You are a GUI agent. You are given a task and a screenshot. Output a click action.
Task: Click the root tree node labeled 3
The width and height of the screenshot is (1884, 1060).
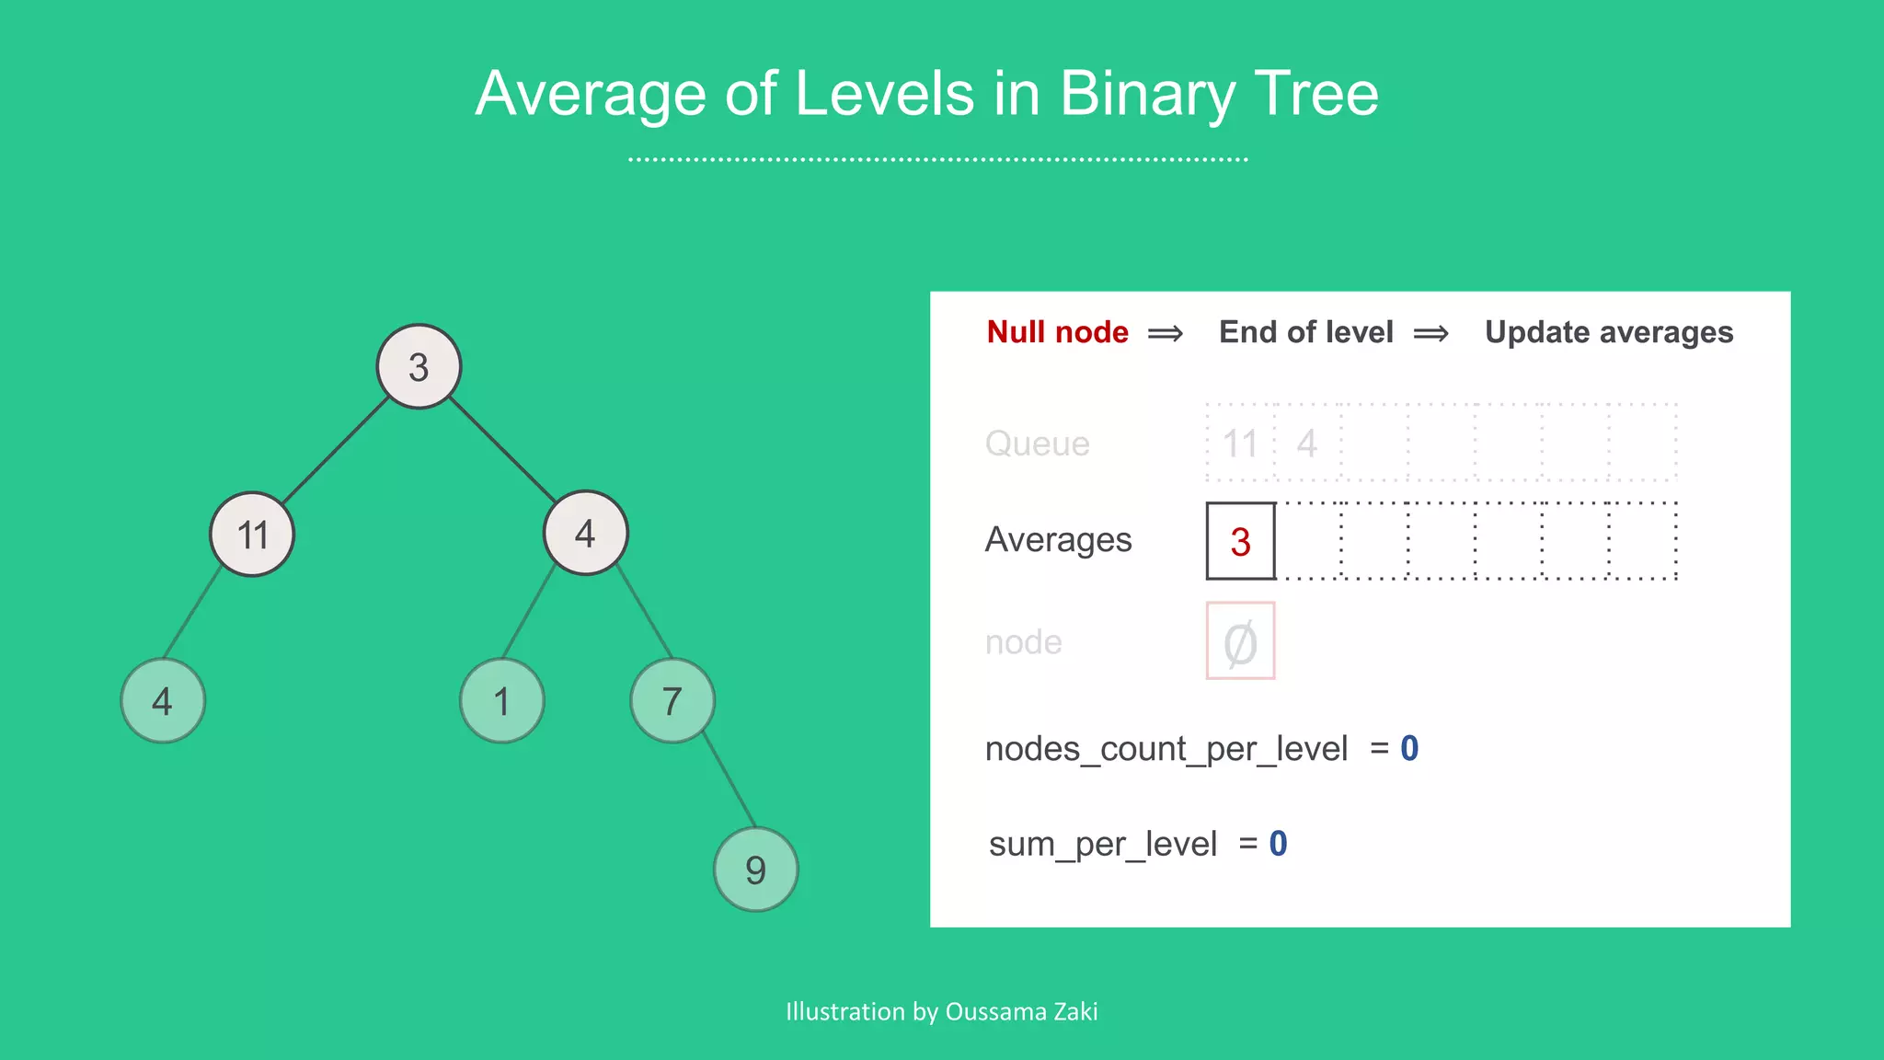(x=419, y=366)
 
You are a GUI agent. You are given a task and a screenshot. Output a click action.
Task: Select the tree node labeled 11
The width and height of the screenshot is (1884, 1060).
(x=252, y=534)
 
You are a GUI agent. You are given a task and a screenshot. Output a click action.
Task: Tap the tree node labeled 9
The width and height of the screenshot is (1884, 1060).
(x=755, y=869)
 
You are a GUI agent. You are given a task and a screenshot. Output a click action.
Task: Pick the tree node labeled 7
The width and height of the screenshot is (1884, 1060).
(x=672, y=701)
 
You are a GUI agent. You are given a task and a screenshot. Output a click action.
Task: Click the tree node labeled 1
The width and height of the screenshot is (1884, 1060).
(x=501, y=701)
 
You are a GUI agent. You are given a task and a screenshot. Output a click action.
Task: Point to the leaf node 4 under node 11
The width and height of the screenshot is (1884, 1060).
(x=163, y=701)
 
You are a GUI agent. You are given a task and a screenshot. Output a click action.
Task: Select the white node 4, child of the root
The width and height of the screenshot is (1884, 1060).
(x=585, y=533)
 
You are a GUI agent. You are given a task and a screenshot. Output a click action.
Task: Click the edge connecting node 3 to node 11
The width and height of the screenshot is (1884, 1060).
(x=336, y=450)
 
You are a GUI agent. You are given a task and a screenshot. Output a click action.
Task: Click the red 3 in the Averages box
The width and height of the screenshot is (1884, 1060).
(x=1240, y=541)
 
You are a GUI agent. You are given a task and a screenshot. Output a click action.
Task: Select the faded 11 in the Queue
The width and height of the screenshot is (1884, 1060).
(x=1239, y=444)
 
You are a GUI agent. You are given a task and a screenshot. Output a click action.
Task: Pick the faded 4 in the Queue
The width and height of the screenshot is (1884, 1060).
(x=1307, y=444)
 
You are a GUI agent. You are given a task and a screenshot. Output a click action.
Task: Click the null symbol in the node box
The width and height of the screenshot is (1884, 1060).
(x=1240, y=642)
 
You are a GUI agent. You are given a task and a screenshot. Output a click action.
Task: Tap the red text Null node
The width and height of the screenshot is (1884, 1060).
(x=1057, y=332)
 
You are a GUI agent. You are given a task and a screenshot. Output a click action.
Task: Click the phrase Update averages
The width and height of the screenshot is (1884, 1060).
(x=1608, y=332)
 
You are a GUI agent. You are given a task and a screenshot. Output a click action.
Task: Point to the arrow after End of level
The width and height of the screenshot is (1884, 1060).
(x=1430, y=333)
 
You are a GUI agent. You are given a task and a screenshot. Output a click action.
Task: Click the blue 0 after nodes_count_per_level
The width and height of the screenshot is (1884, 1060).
(x=1409, y=748)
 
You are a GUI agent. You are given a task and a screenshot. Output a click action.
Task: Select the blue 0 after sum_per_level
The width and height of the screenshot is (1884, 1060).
(x=1278, y=843)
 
